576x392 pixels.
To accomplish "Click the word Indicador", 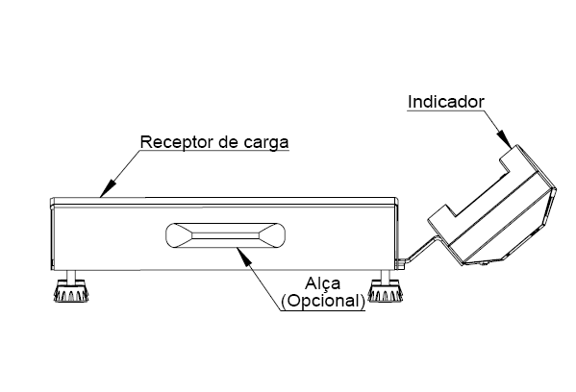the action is click(446, 102).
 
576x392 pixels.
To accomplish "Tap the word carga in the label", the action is click(266, 142).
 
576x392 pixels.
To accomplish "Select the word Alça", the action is click(322, 283).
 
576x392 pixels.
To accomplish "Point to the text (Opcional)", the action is click(323, 301).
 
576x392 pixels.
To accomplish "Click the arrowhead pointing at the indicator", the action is click(504, 138).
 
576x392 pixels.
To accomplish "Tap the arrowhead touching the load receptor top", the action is click(108, 189).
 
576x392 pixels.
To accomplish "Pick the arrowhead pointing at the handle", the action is click(244, 256).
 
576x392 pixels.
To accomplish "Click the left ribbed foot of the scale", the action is click(71, 291).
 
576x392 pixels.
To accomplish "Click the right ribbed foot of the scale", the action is click(385, 291).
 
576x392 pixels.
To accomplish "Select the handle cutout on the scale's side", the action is click(226, 234).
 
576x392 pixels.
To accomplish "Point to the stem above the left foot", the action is click(71, 276).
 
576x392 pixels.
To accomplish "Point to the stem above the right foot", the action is click(385, 276).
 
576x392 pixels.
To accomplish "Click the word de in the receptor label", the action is click(229, 141).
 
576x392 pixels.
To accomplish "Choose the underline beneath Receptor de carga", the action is click(214, 150).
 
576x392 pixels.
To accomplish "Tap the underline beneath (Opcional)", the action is click(323, 311).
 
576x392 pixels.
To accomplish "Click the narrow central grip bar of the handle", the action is click(225, 234).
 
